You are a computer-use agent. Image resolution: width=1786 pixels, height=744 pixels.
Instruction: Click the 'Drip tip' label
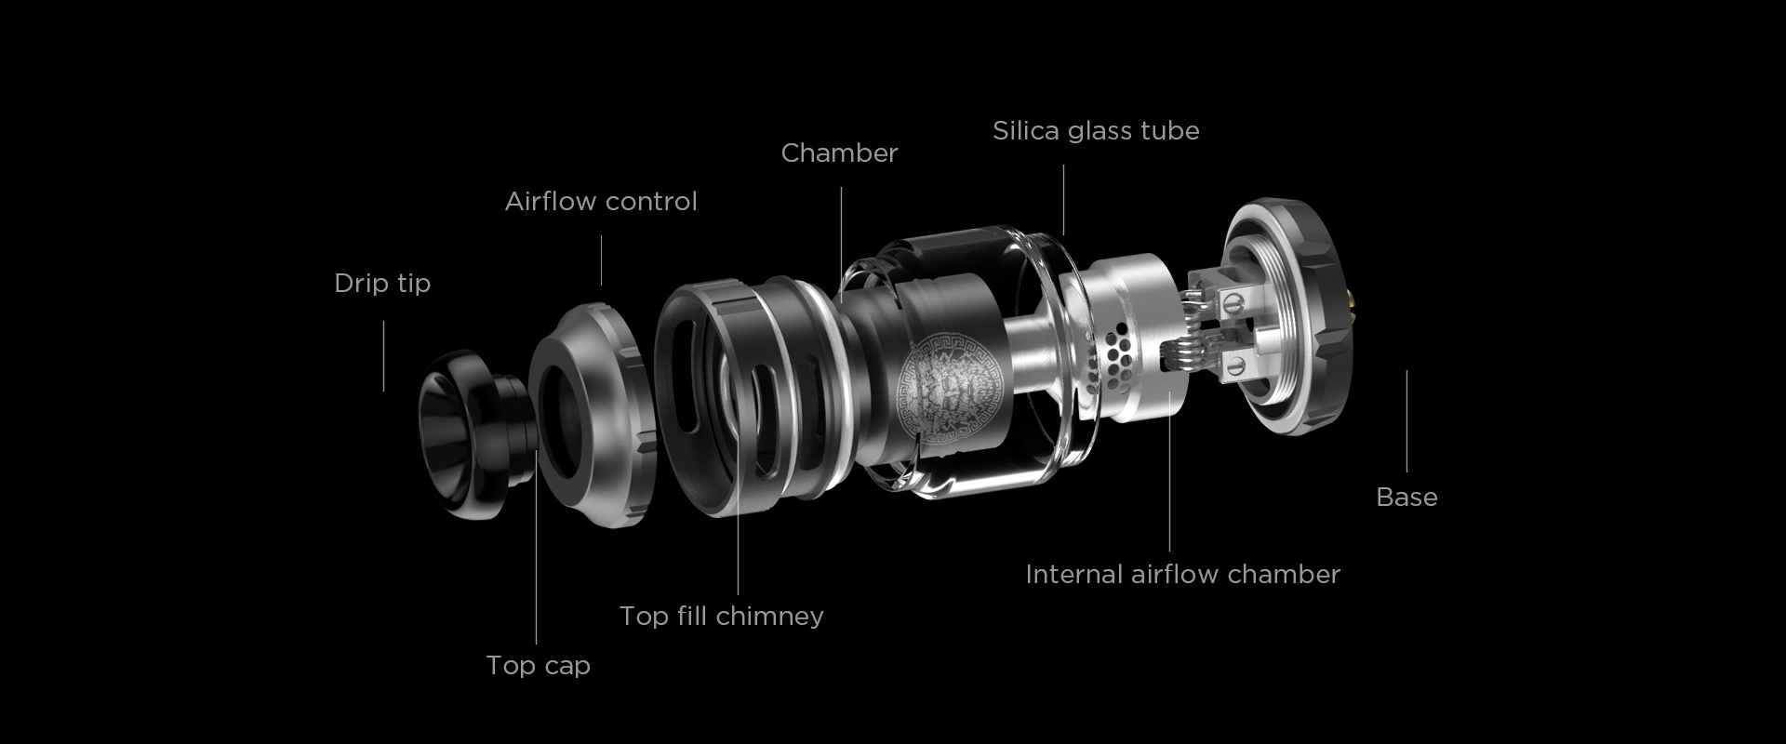(382, 283)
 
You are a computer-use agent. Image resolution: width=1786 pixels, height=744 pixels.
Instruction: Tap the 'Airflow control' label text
(601, 201)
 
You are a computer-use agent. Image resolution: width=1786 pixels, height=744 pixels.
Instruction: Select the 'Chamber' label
(839, 153)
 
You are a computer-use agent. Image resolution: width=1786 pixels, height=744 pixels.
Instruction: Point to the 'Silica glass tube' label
(1096, 130)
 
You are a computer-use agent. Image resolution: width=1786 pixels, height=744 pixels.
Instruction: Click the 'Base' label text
(1406, 497)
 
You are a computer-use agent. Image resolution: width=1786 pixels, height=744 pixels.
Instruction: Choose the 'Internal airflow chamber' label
(1182, 574)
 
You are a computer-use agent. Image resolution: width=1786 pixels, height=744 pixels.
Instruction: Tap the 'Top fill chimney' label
(722, 616)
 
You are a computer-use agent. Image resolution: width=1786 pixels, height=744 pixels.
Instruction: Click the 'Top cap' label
(538, 666)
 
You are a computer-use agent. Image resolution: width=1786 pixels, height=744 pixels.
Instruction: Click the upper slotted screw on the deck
(1234, 300)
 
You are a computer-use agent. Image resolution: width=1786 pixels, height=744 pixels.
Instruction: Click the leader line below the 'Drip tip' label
(383, 356)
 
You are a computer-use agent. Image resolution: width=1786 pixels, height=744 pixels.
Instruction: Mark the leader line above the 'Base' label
(1406, 421)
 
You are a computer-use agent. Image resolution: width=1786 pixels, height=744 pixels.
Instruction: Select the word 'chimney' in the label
(772, 617)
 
